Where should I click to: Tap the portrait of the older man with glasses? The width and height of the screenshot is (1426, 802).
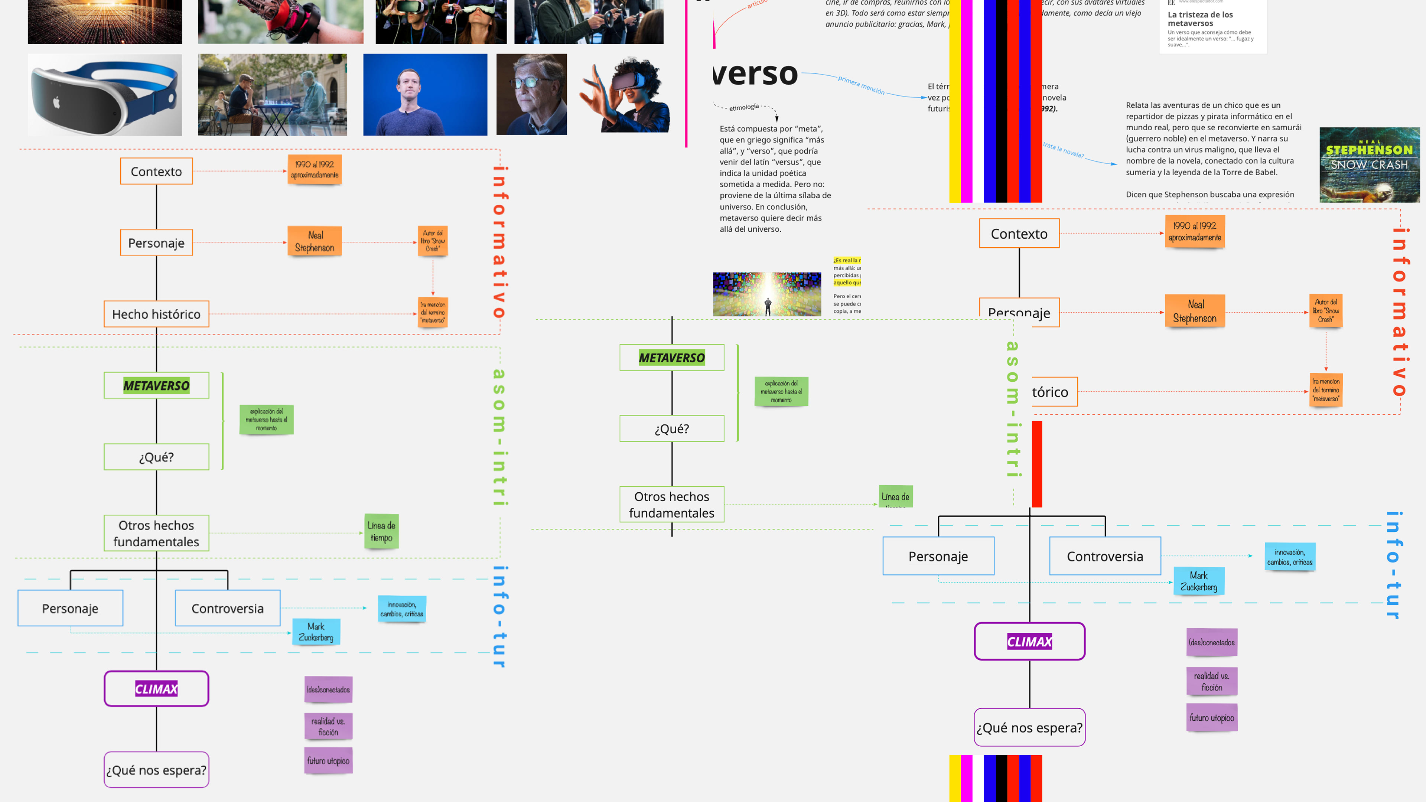tap(531, 95)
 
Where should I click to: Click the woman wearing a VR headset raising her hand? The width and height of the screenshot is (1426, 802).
tap(625, 95)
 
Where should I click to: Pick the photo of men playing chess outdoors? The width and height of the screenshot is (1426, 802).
tap(272, 95)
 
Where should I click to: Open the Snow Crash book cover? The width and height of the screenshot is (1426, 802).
tap(1369, 165)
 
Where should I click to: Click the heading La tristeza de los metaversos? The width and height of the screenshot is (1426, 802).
tap(1200, 19)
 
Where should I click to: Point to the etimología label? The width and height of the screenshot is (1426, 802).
tap(744, 107)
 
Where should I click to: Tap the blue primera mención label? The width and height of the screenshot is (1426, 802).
tap(861, 85)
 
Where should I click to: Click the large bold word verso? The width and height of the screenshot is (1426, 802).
tap(756, 74)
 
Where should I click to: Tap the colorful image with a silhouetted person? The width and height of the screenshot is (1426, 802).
tap(767, 294)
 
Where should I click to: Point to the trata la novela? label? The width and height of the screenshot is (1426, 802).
tap(1063, 149)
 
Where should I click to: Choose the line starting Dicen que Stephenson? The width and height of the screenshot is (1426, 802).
tap(1210, 194)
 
